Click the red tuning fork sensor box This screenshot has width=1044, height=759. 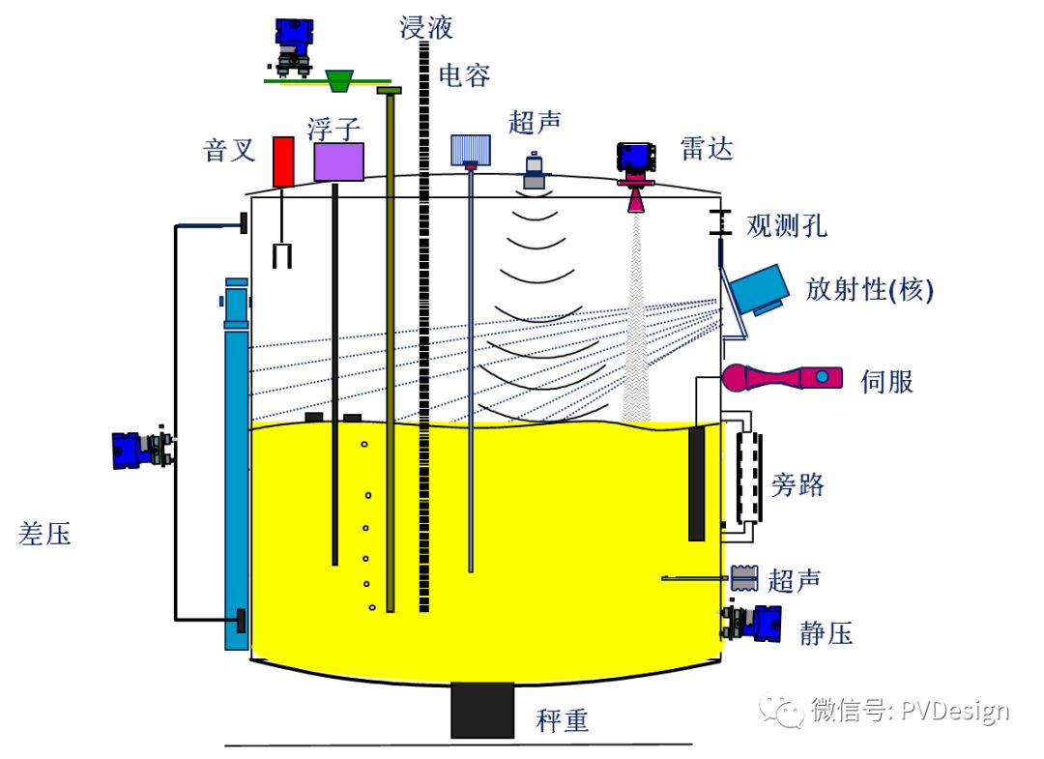(283, 161)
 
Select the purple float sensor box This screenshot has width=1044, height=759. (339, 161)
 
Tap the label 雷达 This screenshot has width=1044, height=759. (707, 148)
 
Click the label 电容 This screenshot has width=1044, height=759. (464, 75)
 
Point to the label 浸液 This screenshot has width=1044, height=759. (426, 27)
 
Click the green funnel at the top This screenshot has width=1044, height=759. (339, 80)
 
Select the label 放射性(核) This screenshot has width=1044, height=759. (870, 290)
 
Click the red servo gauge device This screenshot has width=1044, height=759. (782, 377)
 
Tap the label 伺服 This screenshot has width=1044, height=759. (886, 382)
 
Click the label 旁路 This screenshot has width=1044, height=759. (797, 484)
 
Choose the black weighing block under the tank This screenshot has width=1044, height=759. (482, 710)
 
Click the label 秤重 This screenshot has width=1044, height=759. (563, 720)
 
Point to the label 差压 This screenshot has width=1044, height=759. (44, 534)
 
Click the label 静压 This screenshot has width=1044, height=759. (826, 632)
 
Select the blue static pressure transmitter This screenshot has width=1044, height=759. (752, 623)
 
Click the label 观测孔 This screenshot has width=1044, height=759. (786, 225)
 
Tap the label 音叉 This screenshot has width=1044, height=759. (229, 150)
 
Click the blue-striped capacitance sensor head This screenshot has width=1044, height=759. (471, 150)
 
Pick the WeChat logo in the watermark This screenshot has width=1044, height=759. (782, 711)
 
